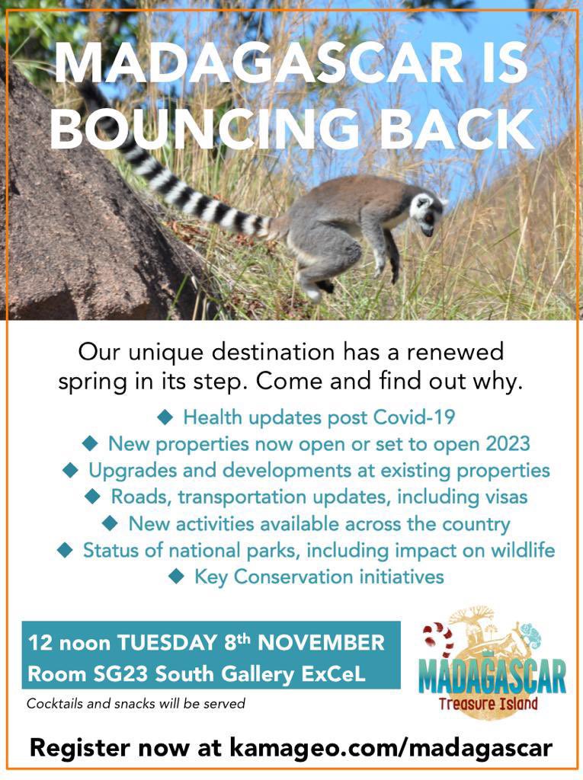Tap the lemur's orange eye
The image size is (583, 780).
coord(429,216)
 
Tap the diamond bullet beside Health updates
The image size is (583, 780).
coord(165,417)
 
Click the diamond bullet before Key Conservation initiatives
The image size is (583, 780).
coord(177,577)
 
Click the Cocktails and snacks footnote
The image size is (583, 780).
coord(136,704)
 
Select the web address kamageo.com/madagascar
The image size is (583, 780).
coord(391,747)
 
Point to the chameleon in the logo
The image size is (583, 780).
coord(527,635)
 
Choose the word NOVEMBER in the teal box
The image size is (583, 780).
coord(321,643)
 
